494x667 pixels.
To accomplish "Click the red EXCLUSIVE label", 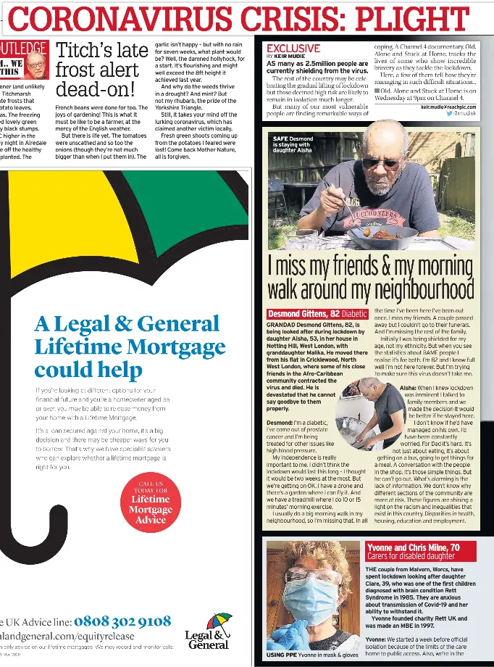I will [x=293, y=48].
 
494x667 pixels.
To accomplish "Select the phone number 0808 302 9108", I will [x=122, y=621].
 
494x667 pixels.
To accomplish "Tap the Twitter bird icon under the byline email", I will [x=449, y=114].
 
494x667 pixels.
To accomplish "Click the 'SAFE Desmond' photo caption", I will [x=292, y=144].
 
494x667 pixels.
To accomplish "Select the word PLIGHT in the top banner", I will [x=435, y=18].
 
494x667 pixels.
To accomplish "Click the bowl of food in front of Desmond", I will [x=380, y=236].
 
